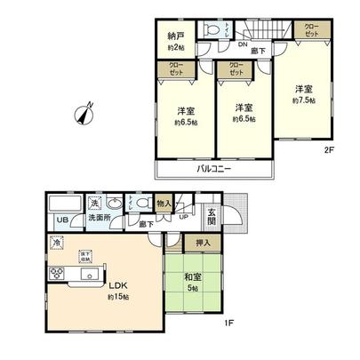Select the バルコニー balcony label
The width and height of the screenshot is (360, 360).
point(215,168)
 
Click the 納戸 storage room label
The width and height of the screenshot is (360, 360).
point(175,36)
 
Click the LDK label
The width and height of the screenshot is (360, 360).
point(119,286)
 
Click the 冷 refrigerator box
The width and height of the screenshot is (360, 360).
point(56,243)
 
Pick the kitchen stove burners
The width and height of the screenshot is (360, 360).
point(56,273)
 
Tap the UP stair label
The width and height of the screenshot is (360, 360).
point(183,216)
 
